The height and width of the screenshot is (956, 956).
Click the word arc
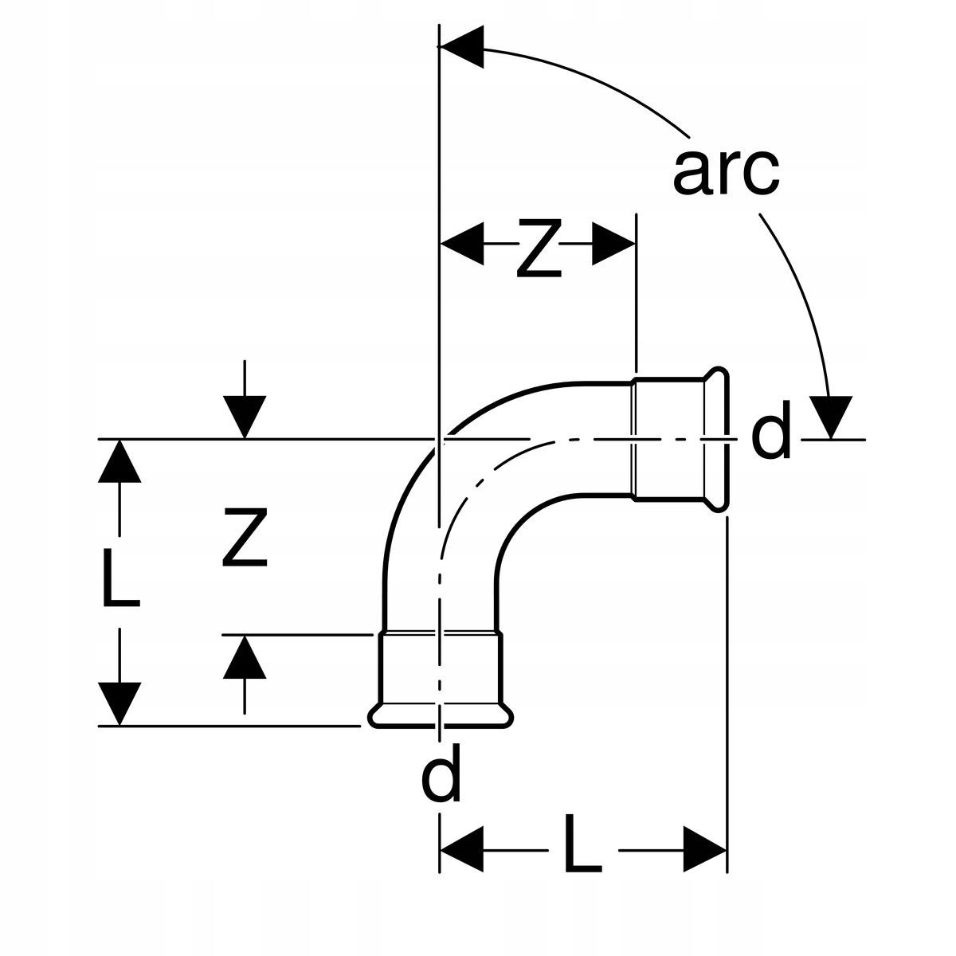[726, 172]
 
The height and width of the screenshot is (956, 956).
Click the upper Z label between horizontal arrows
[539, 248]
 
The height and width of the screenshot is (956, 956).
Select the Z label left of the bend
[245, 537]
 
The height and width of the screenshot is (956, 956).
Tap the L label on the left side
[121, 578]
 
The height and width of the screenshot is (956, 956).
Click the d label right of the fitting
[770, 429]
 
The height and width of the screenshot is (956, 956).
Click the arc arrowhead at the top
[462, 47]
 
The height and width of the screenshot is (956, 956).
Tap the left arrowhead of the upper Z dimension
[462, 244]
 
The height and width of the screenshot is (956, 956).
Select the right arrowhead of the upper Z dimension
[613, 244]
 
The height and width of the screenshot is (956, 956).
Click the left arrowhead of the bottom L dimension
[462, 849]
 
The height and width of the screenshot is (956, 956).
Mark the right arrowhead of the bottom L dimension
[705, 849]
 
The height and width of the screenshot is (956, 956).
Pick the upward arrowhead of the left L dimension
[119, 461]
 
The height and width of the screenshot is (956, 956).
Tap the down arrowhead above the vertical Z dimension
[245, 417]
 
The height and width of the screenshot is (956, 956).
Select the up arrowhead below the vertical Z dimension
[245, 656]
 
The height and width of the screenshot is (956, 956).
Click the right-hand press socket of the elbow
[680, 439]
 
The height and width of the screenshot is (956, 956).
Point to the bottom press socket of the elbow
[440, 680]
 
